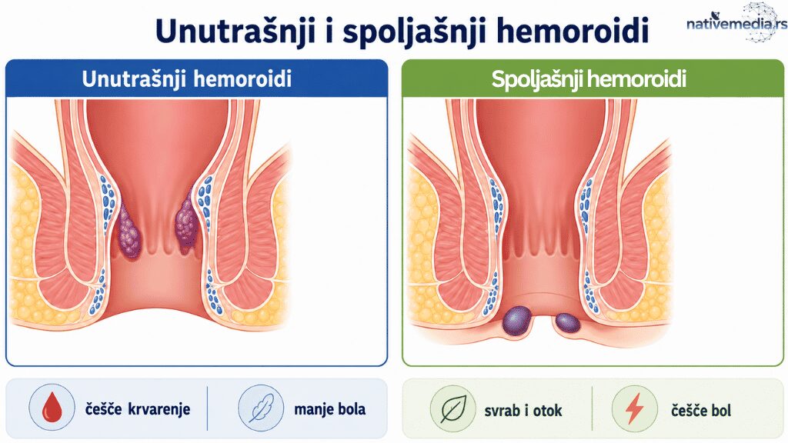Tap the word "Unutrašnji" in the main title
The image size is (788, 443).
point(235,31)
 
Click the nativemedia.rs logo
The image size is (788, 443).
point(736,22)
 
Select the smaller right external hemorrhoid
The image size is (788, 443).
point(568,323)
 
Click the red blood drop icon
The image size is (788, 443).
point(52,407)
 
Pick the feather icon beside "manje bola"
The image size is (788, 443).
point(261,408)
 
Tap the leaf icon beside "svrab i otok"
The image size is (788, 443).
point(453,409)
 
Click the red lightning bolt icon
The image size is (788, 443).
point(634,408)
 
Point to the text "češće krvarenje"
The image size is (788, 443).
point(137,409)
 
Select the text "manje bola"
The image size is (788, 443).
point(329,409)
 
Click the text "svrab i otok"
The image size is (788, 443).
point(523,411)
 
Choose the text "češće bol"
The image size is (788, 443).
point(700,411)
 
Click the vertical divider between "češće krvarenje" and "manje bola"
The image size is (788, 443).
point(207,408)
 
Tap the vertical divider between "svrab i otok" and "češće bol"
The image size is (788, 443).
point(592,408)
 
